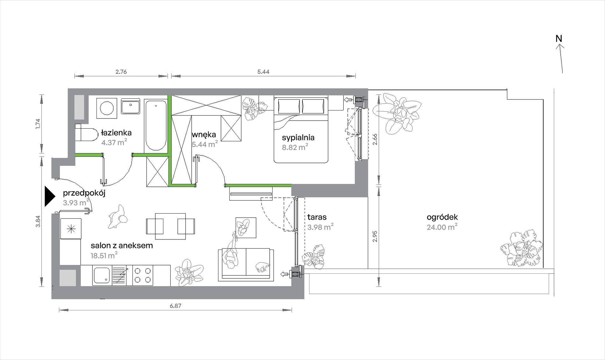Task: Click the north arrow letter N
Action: pyautogui.click(x=559, y=39)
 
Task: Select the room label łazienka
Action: pyautogui.click(x=116, y=132)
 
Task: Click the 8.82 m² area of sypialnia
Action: pyautogui.click(x=295, y=147)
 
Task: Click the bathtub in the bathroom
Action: pyautogui.click(x=155, y=125)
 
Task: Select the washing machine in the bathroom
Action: pyautogui.click(x=107, y=108)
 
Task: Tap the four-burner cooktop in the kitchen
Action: pyautogui.click(x=143, y=275)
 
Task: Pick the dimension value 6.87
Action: pyautogui.click(x=175, y=306)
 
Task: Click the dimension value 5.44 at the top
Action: pyautogui.click(x=263, y=72)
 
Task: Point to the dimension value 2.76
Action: pyautogui.click(x=121, y=72)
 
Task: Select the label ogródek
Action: pyautogui.click(x=442, y=217)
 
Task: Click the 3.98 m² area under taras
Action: pyautogui.click(x=320, y=227)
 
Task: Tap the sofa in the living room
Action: pyautogui.click(x=246, y=265)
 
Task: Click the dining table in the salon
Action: pyautogui.click(x=170, y=226)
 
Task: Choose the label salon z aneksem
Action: pyautogui.click(x=122, y=245)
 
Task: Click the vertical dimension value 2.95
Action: pyautogui.click(x=375, y=236)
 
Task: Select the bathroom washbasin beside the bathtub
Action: pyautogui.click(x=130, y=106)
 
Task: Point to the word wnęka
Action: pyautogui.click(x=204, y=135)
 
